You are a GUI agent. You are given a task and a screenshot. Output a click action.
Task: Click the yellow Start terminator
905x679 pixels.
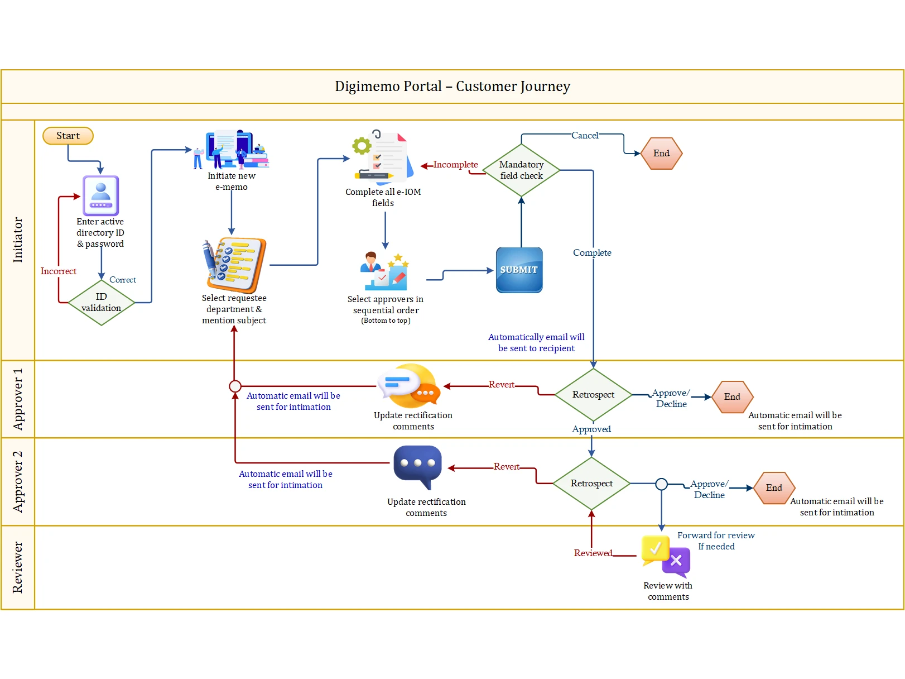pyautogui.click(x=68, y=136)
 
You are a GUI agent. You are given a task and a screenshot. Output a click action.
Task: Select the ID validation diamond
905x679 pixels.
pyautogui.click(x=102, y=303)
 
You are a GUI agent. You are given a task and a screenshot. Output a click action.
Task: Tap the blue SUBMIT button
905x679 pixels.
pyautogui.click(x=519, y=270)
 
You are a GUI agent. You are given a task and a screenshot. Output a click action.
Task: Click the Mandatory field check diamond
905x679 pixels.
pyautogui.click(x=521, y=170)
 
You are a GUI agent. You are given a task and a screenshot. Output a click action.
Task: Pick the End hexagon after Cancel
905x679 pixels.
pyautogui.click(x=661, y=154)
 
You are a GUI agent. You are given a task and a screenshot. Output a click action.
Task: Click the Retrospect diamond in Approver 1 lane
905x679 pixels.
pyautogui.click(x=593, y=395)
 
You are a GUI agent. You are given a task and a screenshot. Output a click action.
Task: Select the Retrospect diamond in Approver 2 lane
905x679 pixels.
pyautogui.click(x=591, y=484)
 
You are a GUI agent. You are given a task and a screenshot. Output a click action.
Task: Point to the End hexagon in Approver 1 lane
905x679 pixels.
pyautogui.click(x=732, y=397)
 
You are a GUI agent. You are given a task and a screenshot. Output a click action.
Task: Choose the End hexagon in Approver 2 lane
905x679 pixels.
pyautogui.click(x=774, y=488)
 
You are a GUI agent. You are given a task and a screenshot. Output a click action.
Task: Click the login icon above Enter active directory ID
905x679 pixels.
pyautogui.click(x=101, y=195)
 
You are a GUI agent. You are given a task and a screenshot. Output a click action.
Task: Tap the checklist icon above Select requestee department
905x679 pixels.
pyautogui.click(x=234, y=265)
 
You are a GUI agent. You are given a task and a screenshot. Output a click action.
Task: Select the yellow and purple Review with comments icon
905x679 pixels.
pyautogui.click(x=666, y=557)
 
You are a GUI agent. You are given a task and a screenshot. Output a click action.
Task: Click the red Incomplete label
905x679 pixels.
pyautogui.click(x=455, y=165)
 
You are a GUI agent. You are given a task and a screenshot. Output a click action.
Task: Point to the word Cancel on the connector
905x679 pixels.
pyautogui.click(x=585, y=136)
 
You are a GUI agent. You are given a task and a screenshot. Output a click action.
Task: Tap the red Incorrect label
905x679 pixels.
pyautogui.click(x=59, y=271)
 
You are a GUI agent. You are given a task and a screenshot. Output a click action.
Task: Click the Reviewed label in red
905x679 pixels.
pyautogui.click(x=593, y=553)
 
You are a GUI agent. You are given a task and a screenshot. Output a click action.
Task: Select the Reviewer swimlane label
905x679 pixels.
pyautogui.click(x=18, y=567)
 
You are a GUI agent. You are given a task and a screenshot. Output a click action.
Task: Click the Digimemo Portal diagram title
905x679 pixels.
pyautogui.click(x=453, y=87)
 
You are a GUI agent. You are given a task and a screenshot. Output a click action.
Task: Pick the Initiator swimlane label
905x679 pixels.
pyautogui.click(x=18, y=240)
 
